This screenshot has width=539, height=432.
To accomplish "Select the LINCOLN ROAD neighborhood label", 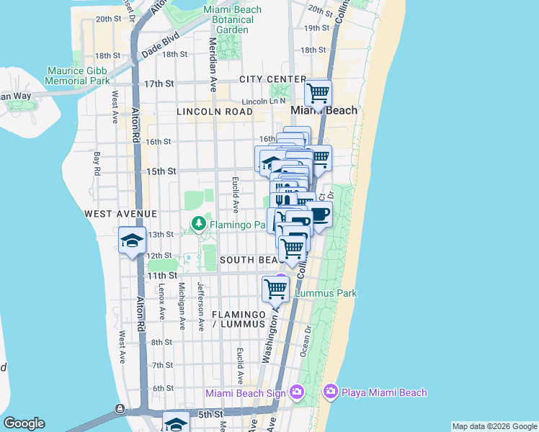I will pos(215,112).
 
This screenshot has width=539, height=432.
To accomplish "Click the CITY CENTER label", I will pos(274,78).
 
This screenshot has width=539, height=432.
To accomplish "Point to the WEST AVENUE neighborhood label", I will pos(120,214).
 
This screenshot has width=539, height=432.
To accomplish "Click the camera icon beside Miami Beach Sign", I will pos(296,392).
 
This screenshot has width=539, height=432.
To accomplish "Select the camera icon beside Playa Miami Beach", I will pos(331,392).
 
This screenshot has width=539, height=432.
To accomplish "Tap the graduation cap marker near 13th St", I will pos(133,242).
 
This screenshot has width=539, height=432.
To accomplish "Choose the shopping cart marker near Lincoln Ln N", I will pos(318,94).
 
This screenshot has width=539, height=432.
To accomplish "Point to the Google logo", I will pos(24,423).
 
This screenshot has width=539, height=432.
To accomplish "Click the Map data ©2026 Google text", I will pos(494,426).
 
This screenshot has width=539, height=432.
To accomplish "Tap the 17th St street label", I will pos(159,84).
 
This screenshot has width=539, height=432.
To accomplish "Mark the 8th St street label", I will pos(161,342).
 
